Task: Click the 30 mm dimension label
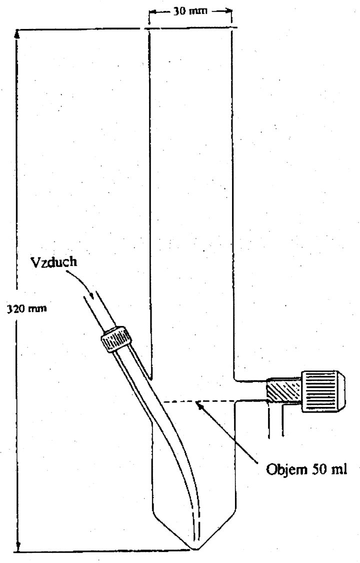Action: pyautogui.click(x=190, y=11)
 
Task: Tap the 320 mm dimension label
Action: pyautogui.click(x=27, y=308)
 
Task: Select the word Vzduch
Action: pyautogui.click(x=54, y=262)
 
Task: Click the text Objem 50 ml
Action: pyautogui.click(x=306, y=469)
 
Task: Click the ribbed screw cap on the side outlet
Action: pyautogui.click(x=323, y=390)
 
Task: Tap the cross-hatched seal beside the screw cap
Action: pyautogui.click(x=283, y=391)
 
